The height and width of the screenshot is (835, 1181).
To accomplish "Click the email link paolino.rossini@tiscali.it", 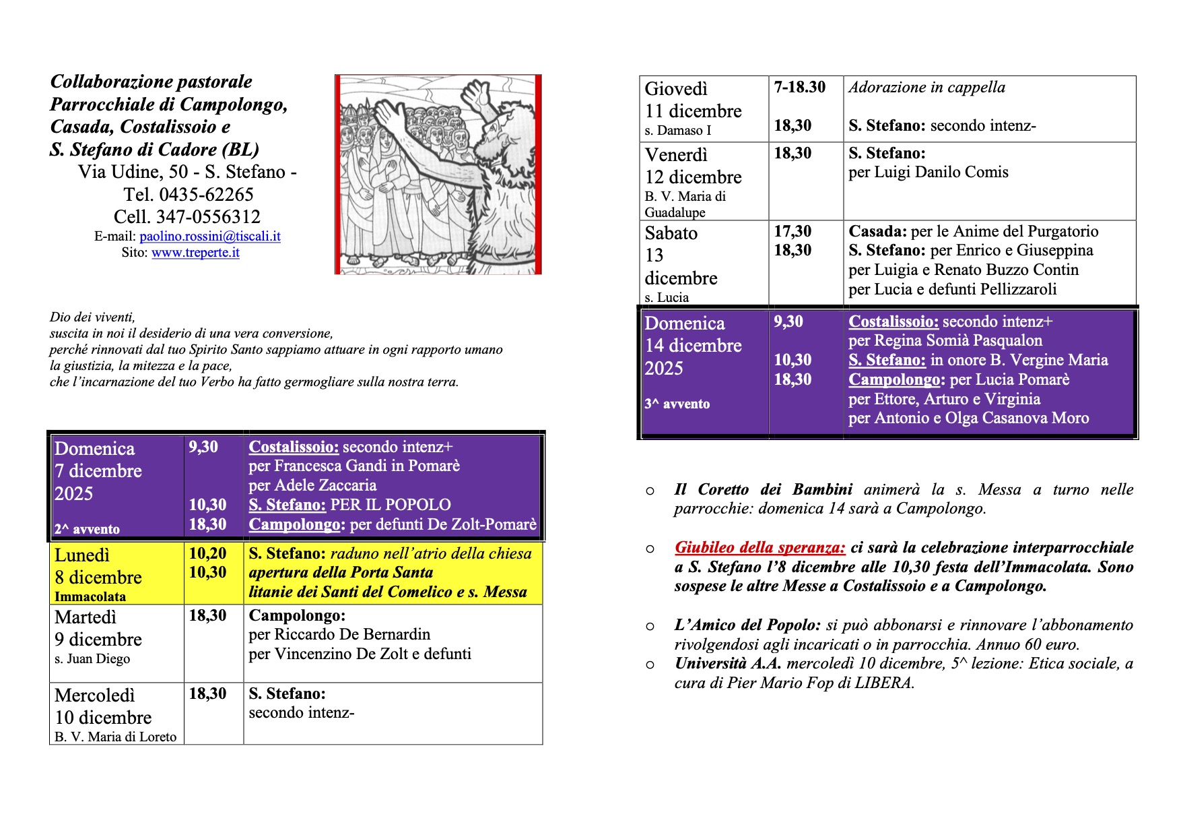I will point(209,237).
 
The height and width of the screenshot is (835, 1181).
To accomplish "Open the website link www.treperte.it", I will point(195,253).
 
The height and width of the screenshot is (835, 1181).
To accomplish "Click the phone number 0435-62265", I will point(206,195).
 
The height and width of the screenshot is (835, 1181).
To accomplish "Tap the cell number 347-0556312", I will point(208,217).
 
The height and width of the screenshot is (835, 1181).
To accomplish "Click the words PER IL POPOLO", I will point(391,505).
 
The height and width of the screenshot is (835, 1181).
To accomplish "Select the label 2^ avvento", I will point(87,530).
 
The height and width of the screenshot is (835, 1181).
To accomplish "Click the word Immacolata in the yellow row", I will point(90,596).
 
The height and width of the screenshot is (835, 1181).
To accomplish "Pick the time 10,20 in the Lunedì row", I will point(207,553).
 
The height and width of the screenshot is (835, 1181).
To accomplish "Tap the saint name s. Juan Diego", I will point(92,659).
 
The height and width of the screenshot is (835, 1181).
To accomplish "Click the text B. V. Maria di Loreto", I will point(115,737).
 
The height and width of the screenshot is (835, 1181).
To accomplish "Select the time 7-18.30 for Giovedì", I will point(799,87).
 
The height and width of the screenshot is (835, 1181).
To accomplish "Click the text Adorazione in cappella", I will point(926,87).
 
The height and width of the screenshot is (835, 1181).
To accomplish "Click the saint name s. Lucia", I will point(667,298).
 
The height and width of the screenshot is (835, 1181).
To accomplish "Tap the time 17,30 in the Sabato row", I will point(792,231).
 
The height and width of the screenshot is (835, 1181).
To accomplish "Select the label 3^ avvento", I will point(677,404).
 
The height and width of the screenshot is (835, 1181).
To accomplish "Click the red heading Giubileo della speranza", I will point(760,547).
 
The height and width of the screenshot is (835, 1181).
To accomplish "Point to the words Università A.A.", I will point(728,664).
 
